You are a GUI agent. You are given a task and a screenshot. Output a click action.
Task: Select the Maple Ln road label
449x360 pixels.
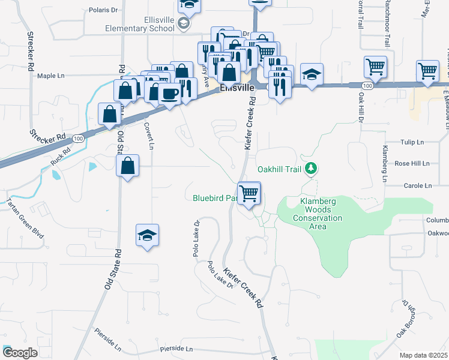[x=50, y=76]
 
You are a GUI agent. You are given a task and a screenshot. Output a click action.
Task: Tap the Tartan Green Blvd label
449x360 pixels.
[x=25, y=221]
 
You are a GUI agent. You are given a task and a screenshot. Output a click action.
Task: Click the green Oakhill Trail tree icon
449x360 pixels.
[x=310, y=168]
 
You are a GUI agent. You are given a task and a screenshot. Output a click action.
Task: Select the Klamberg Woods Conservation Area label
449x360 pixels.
[x=313, y=214]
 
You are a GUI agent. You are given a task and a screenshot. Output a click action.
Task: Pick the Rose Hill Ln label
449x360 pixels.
[x=412, y=163]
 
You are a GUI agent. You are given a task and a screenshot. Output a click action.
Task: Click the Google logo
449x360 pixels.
[x=20, y=353]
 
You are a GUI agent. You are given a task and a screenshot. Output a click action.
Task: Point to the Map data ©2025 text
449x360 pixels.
[x=423, y=355]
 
